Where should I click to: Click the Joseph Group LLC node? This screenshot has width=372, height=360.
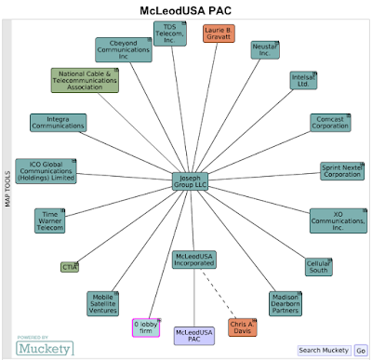coord(190,181)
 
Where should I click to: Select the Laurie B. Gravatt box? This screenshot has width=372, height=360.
coord(219,33)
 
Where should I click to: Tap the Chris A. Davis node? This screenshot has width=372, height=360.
coord(243,327)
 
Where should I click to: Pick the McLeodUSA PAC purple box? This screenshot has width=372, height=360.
coord(194,336)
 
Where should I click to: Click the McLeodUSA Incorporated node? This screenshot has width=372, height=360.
coord(194,260)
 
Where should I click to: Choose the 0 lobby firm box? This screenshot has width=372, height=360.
coord(146,327)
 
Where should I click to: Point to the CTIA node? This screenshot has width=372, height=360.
coord(70,267)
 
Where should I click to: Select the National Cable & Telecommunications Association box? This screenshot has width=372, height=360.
coord(85,80)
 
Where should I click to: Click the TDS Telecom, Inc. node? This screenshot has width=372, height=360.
coord(170,33)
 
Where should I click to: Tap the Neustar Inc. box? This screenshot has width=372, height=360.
coord(265,50)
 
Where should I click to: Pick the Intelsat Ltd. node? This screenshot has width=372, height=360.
coord(303,81)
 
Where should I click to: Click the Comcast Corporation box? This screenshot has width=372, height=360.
coord(330,123)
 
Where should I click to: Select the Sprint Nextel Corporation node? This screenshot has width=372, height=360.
coord(342,171)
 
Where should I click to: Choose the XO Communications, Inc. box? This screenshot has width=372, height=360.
coord(339,220)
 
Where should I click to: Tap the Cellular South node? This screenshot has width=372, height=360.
coord(319,267)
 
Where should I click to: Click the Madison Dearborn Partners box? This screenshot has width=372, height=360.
coord(286,304)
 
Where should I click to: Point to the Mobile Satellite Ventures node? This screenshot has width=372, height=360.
coord(102,303)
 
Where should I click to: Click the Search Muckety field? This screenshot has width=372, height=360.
coord(325,351)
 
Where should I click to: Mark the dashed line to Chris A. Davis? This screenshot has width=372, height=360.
coord(219,294)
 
